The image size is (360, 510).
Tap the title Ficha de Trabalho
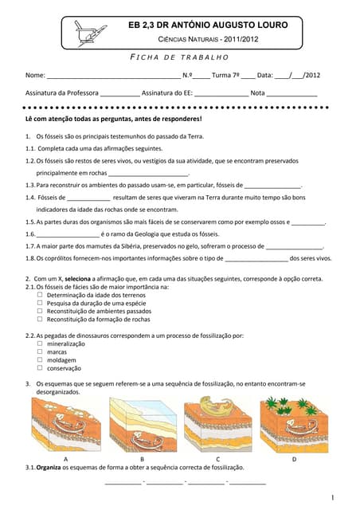tap(179, 57)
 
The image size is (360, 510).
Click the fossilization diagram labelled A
tap(66, 426)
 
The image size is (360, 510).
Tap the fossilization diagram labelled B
tap(142, 426)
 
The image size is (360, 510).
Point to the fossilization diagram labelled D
tap(293, 426)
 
